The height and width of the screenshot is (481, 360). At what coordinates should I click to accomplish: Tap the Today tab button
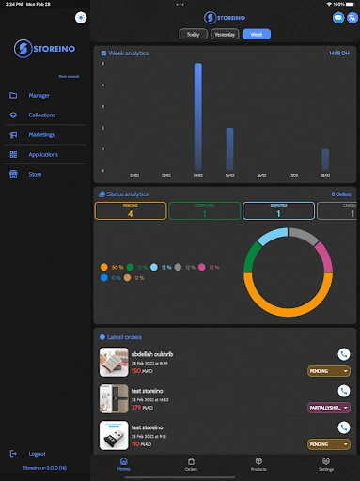(193, 35)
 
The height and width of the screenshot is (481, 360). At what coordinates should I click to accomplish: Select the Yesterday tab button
(225, 35)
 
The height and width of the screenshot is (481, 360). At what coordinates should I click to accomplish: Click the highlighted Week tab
(256, 35)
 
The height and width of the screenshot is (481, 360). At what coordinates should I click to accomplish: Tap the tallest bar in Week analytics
(198, 116)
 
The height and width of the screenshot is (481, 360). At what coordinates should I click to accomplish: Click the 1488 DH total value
(339, 54)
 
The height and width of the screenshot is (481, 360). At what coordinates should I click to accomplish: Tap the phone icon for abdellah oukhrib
(343, 355)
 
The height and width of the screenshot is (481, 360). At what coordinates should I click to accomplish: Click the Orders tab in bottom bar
(191, 463)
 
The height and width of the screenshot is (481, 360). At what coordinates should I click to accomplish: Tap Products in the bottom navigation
(258, 463)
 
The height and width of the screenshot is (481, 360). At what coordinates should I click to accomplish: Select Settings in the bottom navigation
(325, 463)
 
